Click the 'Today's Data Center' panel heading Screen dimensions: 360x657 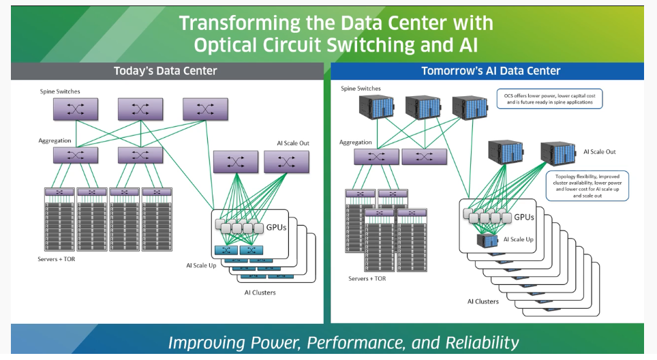[166, 71]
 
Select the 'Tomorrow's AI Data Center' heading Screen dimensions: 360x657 [491, 71]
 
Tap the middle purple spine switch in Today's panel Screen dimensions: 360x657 [140, 108]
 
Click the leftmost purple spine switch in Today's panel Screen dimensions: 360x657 [76, 108]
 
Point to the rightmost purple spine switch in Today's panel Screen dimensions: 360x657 [205, 108]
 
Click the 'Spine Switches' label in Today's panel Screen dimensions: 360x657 [59, 91]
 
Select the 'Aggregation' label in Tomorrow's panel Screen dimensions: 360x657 [356, 142]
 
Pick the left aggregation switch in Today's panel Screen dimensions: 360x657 [76, 155]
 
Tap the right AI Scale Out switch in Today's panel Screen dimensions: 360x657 [286, 162]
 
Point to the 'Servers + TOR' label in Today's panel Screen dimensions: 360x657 [57, 260]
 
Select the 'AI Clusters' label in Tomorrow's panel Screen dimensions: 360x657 [483, 301]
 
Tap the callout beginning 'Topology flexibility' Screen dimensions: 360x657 [587, 185]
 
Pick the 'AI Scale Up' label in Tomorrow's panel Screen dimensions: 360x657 [519, 240]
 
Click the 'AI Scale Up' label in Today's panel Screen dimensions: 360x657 [201, 265]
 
